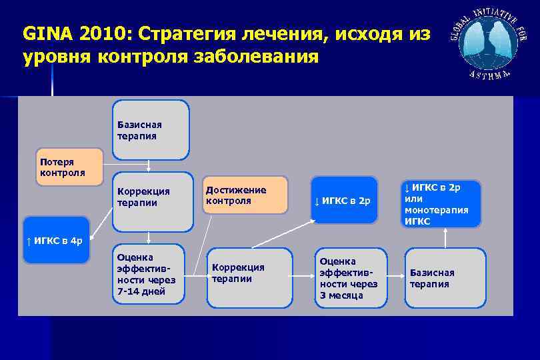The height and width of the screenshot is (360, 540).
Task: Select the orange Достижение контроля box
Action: pyautogui.click(x=245, y=195)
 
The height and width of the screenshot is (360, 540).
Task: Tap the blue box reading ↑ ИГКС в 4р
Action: pyautogui.click(x=56, y=240)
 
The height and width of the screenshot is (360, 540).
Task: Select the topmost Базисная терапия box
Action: pyautogui.click(x=150, y=130)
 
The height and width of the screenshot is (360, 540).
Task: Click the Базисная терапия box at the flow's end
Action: pyautogui.click(x=445, y=278)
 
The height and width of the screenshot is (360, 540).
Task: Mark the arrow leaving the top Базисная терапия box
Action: pyautogui.click(x=149, y=167)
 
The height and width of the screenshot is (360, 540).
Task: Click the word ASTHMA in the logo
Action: pyautogui.click(x=489, y=73)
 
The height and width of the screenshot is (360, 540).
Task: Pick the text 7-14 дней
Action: pyautogui.click(x=141, y=291)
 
